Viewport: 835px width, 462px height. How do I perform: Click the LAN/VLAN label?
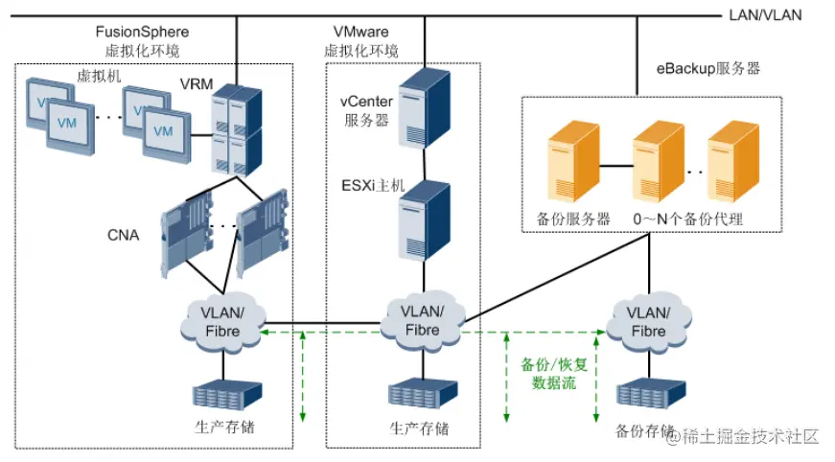tap(765, 14)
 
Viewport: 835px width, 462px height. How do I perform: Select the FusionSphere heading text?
tap(141, 33)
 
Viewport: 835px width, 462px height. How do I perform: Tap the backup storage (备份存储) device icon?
tap(646, 396)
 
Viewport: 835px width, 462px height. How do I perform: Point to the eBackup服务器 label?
tap(707, 69)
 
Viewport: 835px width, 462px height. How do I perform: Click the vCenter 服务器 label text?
tap(362, 111)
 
